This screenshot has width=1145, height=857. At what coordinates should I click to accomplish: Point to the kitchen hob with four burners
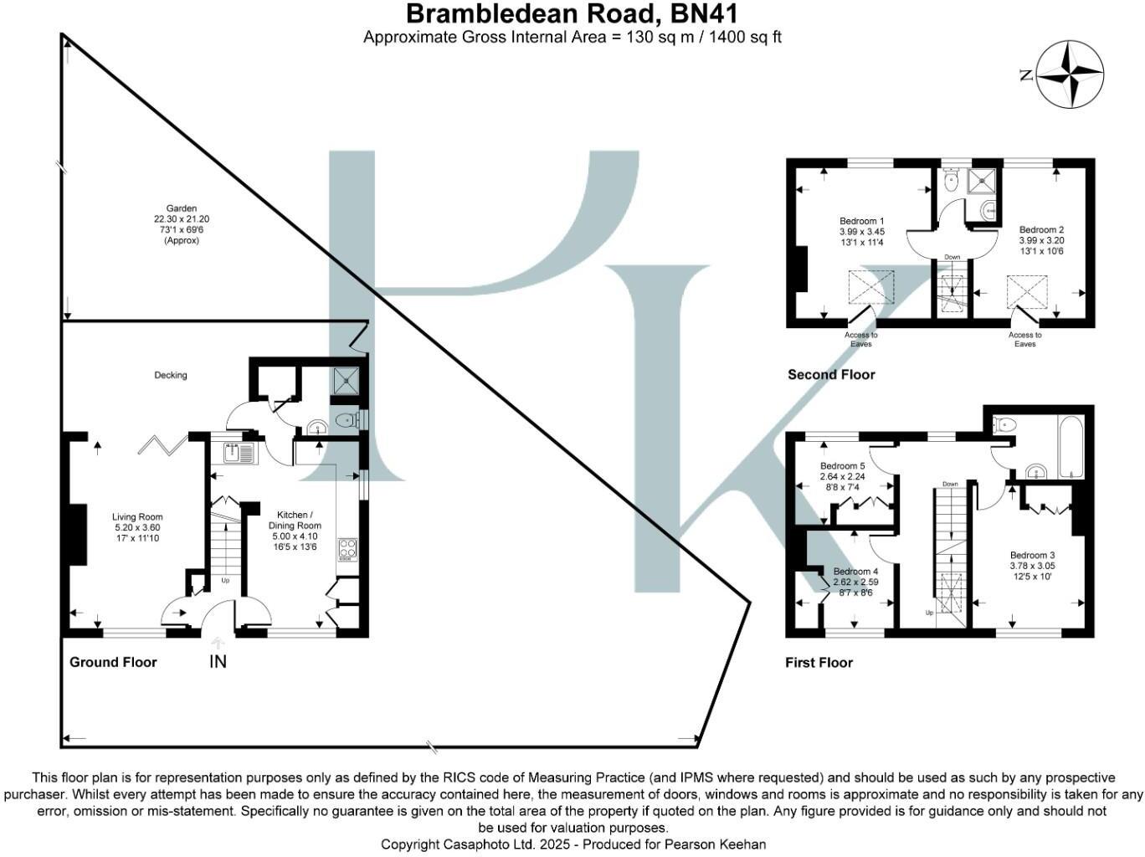point(347,549)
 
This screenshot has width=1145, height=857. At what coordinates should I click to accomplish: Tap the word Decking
point(170,375)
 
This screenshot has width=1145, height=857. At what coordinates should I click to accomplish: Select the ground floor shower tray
point(347,381)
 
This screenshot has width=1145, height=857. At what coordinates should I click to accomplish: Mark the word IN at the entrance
point(218,662)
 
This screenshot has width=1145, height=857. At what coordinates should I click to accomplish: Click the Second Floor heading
point(831,374)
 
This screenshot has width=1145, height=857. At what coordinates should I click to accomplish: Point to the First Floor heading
point(819,663)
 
